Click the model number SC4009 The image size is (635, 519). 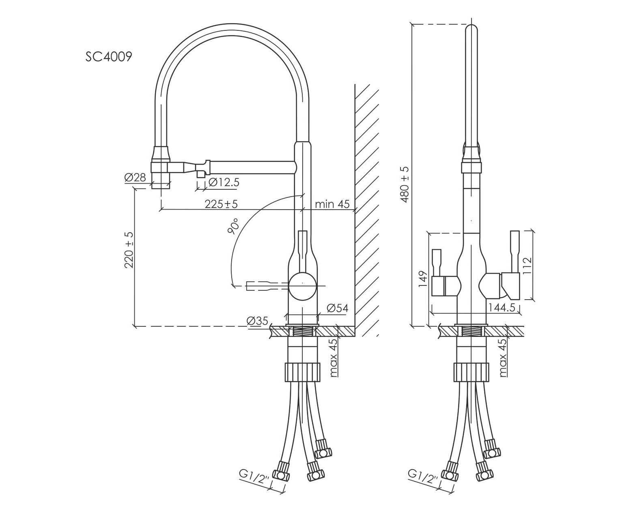point(108,56)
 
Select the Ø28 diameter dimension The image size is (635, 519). point(135,178)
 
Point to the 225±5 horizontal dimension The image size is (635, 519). point(221,204)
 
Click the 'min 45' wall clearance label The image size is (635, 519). point(332,204)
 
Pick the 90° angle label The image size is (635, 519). point(234,226)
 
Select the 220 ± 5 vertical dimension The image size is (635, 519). point(129,250)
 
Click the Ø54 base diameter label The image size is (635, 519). point(337,308)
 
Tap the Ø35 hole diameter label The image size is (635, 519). point(257,321)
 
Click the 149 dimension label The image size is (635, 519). point(422,279)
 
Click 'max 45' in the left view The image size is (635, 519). point(334,358)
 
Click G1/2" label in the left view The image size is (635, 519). point(254,477)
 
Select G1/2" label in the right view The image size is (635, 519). point(424,477)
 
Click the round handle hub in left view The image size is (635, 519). point(302,286)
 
